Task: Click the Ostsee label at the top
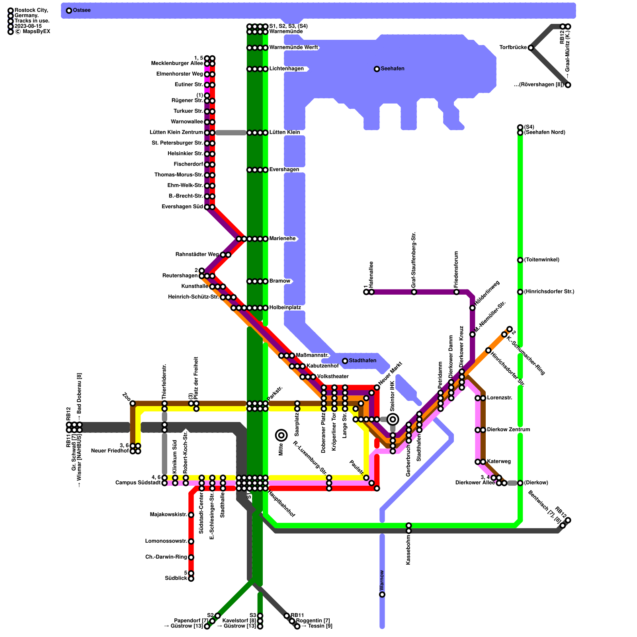82,10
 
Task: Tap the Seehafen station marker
377,69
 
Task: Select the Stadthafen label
362,361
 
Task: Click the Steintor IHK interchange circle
393,419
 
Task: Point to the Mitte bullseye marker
281,435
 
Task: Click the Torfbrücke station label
513,48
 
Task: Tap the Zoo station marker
133,403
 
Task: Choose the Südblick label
176,578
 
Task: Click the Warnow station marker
382,594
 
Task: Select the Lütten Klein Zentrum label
176,133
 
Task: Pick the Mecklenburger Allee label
177,64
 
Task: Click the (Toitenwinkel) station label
541,260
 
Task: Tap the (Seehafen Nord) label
544,133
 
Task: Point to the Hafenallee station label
371,275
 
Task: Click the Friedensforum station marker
456,292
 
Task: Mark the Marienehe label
282,239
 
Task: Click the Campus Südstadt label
138,483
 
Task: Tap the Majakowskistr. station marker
191,515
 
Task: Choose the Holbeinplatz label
285,308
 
